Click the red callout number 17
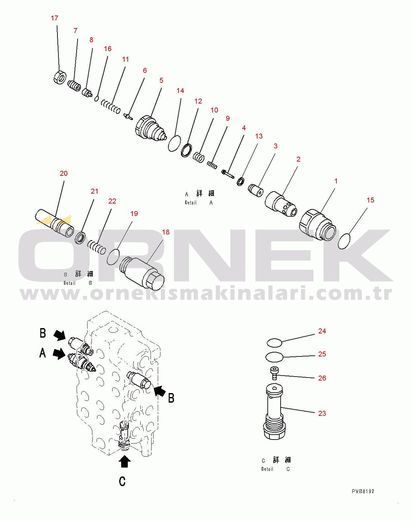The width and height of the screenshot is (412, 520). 54,18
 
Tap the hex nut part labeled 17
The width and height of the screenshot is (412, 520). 60,77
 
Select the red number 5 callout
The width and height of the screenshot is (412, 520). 161,80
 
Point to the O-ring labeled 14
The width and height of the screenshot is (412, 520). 174,143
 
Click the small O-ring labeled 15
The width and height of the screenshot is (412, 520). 344,241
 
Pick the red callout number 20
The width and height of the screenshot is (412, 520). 64,173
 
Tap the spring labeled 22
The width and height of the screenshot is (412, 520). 96,247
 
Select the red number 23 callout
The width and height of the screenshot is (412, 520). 322,413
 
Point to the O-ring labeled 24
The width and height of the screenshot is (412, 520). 274,343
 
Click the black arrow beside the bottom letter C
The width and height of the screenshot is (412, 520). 124,462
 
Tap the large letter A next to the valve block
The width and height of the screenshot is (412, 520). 43,353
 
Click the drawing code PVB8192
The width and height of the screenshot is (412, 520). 363,492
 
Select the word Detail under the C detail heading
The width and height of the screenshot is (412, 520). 267,469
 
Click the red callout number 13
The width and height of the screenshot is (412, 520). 259,136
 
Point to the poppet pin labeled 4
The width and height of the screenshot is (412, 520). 228,174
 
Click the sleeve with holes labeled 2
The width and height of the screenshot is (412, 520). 281,204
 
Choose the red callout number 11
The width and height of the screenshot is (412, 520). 125,59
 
